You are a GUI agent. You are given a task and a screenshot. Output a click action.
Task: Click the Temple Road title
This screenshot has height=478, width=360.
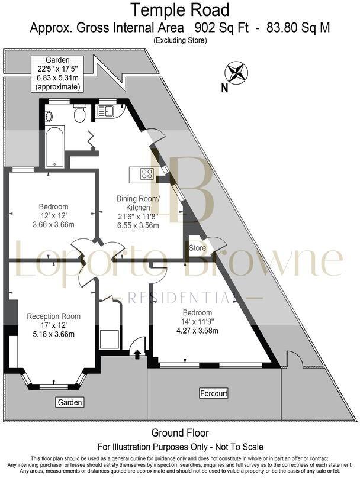[180, 10]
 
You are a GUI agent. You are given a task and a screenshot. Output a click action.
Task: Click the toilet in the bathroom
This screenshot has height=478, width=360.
[80, 114]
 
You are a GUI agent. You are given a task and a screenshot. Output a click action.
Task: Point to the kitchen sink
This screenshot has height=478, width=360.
[108, 110]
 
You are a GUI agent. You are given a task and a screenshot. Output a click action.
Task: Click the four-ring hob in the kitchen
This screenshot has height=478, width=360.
[146, 175]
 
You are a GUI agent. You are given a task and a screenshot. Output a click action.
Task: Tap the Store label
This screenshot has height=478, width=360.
[197, 247]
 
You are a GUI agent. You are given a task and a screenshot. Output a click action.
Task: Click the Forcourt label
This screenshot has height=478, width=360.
[214, 393]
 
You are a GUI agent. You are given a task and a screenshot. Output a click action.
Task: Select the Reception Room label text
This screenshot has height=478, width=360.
[54, 316]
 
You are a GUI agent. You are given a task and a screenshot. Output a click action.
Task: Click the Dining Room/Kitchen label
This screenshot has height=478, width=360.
[139, 203]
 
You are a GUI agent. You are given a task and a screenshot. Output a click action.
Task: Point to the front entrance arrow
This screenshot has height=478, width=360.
[138, 354]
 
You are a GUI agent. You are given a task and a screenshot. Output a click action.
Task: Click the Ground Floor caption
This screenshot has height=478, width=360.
[180, 434]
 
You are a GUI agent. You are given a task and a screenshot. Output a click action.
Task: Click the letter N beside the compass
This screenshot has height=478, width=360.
[224, 89]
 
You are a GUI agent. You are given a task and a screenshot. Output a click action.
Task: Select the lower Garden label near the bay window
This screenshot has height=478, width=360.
[70, 402]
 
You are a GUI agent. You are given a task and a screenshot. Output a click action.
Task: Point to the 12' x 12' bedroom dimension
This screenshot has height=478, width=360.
[54, 216]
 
